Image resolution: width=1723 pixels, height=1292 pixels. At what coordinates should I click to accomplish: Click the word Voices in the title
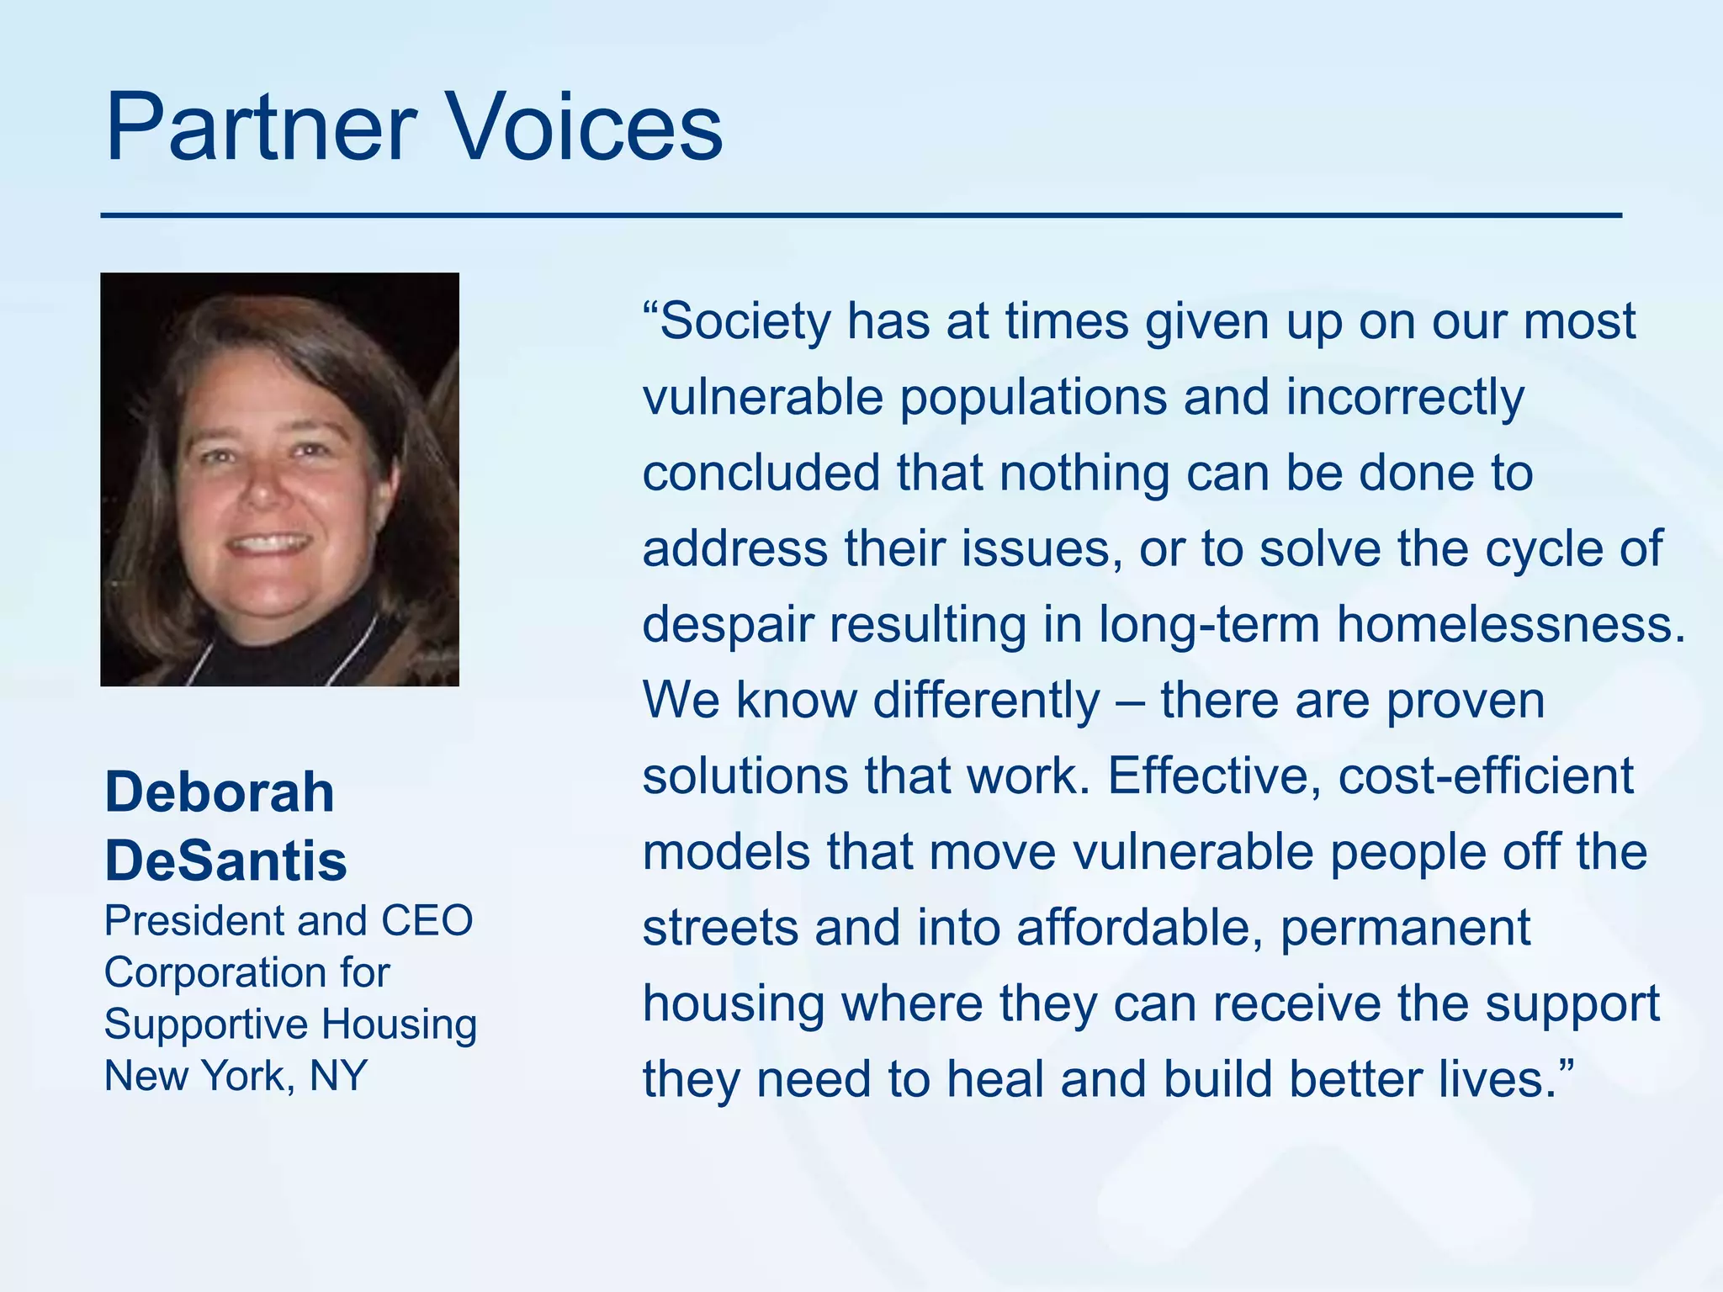pyautogui.click(x=582, y=128)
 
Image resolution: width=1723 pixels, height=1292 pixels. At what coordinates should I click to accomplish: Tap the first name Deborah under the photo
pyautogui.click(x=220, y=792)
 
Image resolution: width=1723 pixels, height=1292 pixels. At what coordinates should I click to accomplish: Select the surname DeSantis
pyautogui.click(x=225, y=860)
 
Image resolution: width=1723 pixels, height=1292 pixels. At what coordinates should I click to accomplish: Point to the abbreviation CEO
pyautogui.click(x=427, y=921)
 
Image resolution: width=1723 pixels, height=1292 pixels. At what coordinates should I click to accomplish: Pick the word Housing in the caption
pyautogui.click(x=399, y=1025)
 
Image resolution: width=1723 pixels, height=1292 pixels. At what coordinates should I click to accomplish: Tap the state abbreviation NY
pyautogui.click(x=338, y=1076)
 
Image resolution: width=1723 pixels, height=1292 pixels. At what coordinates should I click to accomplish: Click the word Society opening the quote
pyautogui.click(x=745, y=322)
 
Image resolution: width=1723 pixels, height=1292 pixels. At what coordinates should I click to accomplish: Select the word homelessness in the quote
pyautogui.click(x=1511, y=625)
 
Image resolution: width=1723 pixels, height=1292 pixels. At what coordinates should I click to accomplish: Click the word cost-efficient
pyautogui.click(x=1486, y=776)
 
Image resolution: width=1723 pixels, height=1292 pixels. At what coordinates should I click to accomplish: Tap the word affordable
pyautogui.click(x=1139, y=928)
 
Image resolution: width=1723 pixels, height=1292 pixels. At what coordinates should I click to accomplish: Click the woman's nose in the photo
pyautogui.click(x=265, y=488)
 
